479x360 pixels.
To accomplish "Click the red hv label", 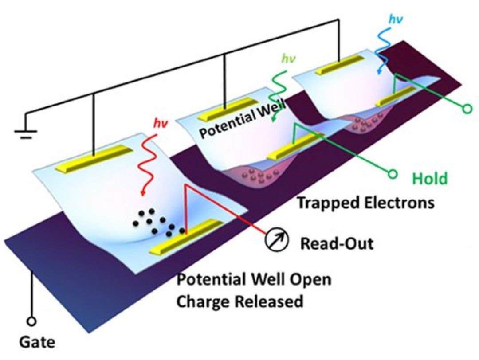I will tap(161, 124).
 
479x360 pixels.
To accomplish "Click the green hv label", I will tap(288, 58).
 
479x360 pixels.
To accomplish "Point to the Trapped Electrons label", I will tap(365, 203).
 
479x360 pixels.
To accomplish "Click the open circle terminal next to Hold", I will tap(392, 175).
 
